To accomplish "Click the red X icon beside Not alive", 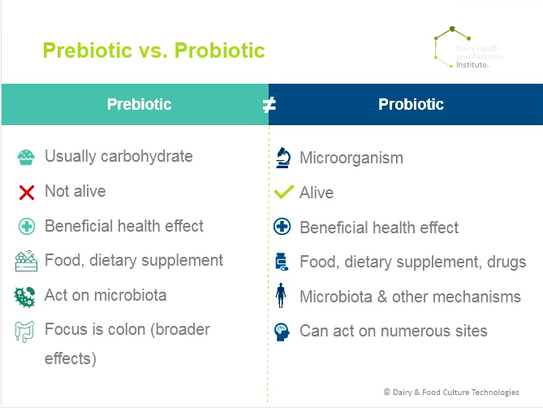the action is (27, 193).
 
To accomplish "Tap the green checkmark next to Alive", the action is (283, 192).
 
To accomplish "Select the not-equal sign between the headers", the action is (269, 105).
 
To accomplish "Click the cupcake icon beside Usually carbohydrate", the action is (26, 158).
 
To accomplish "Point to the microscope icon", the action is (283, 158).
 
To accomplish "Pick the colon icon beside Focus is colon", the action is (24, 332).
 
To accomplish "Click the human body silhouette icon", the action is (281, 295).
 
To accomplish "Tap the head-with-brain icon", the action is (282, 332).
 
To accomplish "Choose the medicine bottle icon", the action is (281, 262).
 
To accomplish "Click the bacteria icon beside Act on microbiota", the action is (24, 297).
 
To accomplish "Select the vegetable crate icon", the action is (26, 261).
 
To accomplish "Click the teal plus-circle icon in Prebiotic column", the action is (27, 227).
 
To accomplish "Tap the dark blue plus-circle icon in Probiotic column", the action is (282, 227).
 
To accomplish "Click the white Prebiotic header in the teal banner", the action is (140, 104).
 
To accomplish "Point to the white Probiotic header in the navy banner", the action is (411, 104).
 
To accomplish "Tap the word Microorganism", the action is (351, 158).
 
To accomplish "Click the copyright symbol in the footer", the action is (387, 392).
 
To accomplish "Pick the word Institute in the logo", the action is (472, 65).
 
